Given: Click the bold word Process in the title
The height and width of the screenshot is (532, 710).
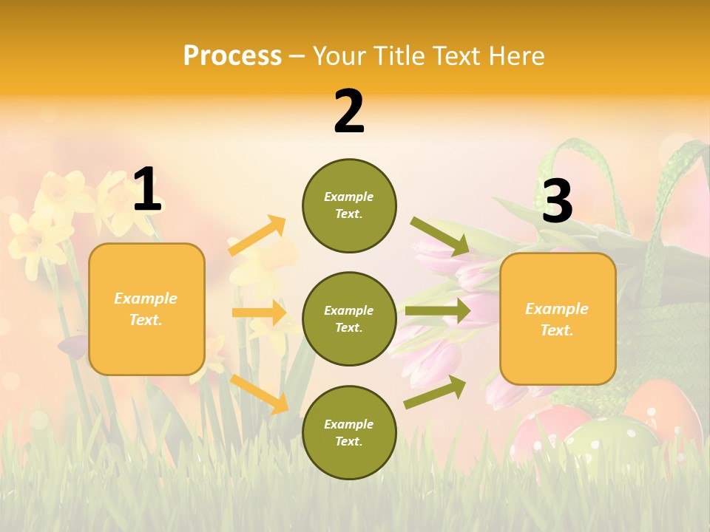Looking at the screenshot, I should tap(232, 56).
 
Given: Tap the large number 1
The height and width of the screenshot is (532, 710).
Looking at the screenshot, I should tap(147, 189).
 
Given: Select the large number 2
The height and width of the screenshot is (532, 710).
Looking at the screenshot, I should tap(349, 112).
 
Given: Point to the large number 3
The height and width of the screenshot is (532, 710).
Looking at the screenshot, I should tap(557, 201).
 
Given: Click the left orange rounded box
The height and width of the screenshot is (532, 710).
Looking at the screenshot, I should tap(146, 309).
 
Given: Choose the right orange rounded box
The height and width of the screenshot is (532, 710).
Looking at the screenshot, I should tap(558, 319).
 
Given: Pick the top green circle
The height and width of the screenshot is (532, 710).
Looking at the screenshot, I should tap(349, 205).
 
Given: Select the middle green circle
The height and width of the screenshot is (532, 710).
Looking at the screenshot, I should tap(349, 319).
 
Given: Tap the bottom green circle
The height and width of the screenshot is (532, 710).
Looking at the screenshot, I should tap(349, 433).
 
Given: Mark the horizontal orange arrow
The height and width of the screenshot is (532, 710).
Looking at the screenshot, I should tap(259, 313).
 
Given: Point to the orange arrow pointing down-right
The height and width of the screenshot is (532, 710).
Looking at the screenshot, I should tap(259, 393).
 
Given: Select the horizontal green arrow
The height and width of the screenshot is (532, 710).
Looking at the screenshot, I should tap(437, 311).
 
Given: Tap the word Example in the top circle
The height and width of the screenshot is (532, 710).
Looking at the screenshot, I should tap(349, 197).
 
